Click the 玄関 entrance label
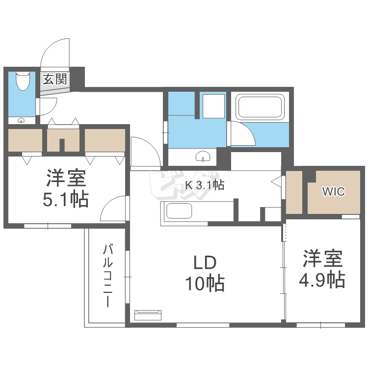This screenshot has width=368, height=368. click(x=54, y=79)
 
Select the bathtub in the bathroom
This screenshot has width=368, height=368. click(x=260, y=107)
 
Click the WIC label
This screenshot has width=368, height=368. click(x=333, y=191)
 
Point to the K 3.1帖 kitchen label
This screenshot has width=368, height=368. click(x=204, y=185)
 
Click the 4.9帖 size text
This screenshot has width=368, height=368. click(x=322, y=280)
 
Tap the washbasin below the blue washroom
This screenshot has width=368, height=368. click(x=203, y=157)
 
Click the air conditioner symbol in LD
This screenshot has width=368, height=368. click(x=148, y=314)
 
